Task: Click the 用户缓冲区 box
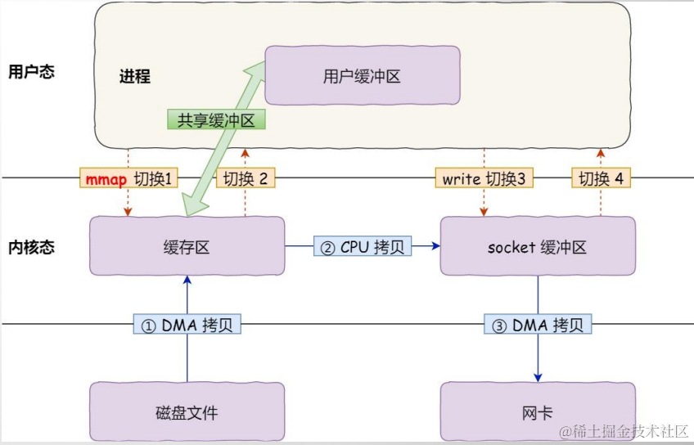pyautogui.click(x=362, y=75)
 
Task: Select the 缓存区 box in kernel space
pyautogui.click(x=187, y=246)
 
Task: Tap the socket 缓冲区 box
pyautogui.click(x=537, y=246)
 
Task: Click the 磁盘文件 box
pyautogui.click(x=187, y=411)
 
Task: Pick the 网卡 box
pyautogui.click(x=537, y=411)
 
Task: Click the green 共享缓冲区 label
pyautogui.click(x=216, y=120)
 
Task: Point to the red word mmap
pyautogui.click(x=106, y=178)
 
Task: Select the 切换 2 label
pyautogui.click(x=245, y=178)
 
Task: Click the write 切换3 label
pyautogui.click(x=484, y=178)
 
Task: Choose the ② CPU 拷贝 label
pyautogui.click(x=363, y=246)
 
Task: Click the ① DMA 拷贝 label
pyautogui.click(x=187, y=325)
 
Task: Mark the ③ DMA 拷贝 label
pyautogui.click(x=537, y=325)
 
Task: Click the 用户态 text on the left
pyautogui.click(x=31, y=72)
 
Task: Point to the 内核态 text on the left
pyautogui.click(x=31, y=247)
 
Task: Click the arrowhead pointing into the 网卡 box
pyautogui.click(x=538, y=376)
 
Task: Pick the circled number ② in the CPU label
pyautogui.click(x=327, y=246)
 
